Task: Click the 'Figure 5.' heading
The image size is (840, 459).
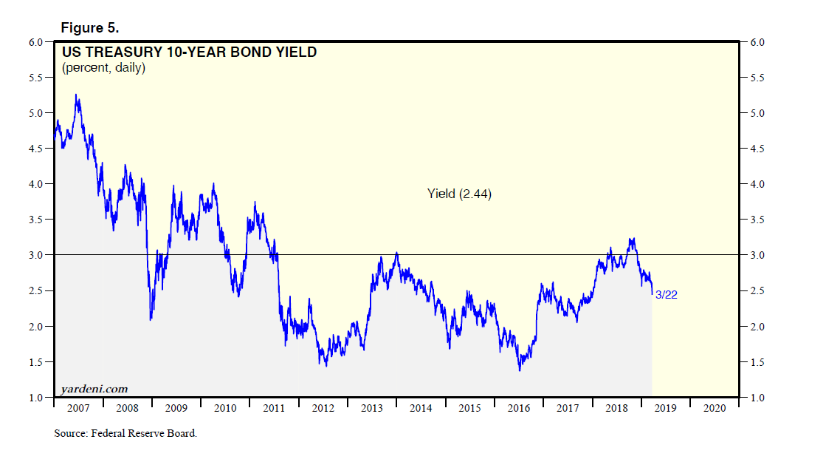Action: (x=89, y=28)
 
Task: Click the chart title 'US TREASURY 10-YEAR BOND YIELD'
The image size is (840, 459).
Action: (x=189, y=52)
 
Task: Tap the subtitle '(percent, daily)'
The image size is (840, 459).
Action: (x=103, y=68)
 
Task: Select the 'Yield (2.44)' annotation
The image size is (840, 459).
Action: (x=459, y=194)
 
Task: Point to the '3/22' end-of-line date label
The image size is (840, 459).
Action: (x=667, y=295)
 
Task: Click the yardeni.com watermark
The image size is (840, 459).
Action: (x=94, y=389)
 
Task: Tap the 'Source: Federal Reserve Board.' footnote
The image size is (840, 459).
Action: (x=125, y=434)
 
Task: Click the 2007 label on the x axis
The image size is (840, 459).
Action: (x=78, y=408)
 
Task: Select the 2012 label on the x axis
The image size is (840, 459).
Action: (x=323, y=408)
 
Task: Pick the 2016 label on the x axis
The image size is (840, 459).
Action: (x=518, y=408)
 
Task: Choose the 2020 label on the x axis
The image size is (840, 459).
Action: (x=715, y=408)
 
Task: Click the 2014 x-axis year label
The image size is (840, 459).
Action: (x=421, y=408)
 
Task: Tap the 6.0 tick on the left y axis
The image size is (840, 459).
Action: (x=36, y=42)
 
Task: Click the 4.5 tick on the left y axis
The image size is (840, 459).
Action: (x=36, y=149)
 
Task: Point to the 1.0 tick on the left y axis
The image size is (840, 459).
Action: (x=36, y=398)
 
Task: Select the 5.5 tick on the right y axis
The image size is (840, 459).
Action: (x=757, y=78)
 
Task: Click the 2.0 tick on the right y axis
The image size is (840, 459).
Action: (x=757, y=327)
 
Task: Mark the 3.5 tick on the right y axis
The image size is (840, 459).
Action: (x=757, y=220)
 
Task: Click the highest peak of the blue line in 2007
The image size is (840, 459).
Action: (x=76, y=95)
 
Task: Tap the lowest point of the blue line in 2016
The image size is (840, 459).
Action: (x=520, y=370)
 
